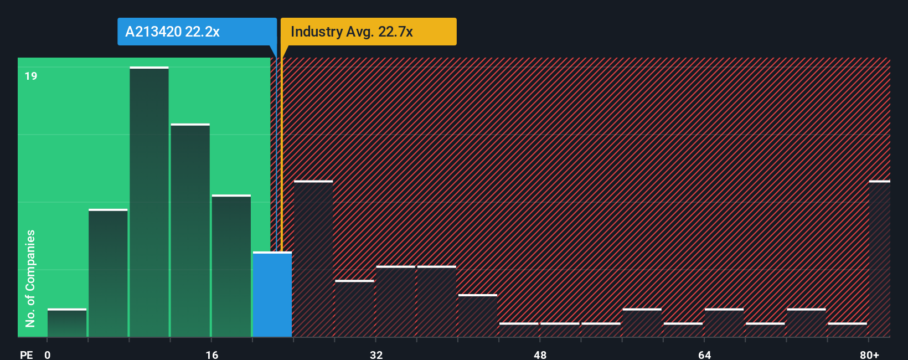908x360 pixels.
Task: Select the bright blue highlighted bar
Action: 272,295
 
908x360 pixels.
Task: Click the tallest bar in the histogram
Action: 149,202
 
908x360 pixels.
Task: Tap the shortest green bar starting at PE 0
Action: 67,323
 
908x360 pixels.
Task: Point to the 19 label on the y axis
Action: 31,76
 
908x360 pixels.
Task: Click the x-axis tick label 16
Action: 212,354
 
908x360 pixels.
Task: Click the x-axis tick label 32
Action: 376,354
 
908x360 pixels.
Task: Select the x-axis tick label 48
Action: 540,354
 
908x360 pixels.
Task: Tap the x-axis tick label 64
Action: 704,354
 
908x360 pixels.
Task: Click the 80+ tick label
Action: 869,354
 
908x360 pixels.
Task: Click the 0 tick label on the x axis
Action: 48,354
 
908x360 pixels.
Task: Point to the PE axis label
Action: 26,354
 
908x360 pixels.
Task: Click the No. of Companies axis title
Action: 30,278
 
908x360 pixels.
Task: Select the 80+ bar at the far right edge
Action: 879,259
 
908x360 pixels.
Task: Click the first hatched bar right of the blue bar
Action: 313,259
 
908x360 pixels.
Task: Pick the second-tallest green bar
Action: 190,230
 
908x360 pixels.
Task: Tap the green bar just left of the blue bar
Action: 231,266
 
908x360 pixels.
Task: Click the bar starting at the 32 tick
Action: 395,302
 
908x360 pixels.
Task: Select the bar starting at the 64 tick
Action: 724,323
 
